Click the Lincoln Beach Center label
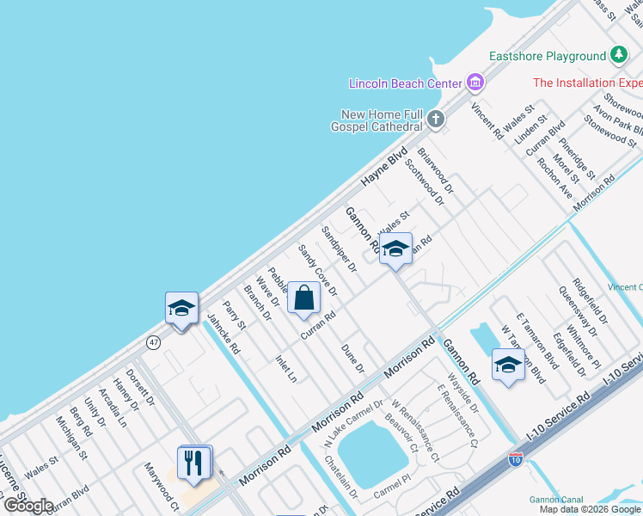406,83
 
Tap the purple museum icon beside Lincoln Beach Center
475,83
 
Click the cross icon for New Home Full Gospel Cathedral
437,119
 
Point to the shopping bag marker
304,298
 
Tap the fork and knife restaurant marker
193,464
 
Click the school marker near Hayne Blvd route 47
181,309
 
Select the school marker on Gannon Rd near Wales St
395,250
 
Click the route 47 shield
153,341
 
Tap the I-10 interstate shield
516,461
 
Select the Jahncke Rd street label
223,334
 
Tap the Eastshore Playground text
548,56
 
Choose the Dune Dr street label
353,357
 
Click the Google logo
28,506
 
